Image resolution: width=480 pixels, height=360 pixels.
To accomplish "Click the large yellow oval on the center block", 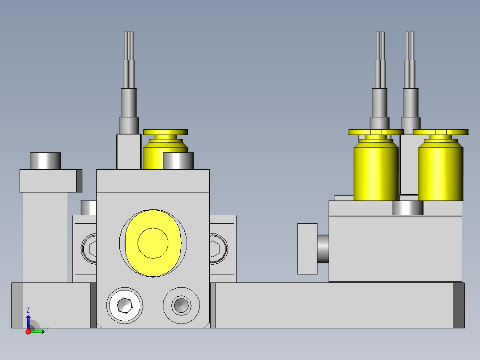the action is pyautogui.click(x=153, y=243).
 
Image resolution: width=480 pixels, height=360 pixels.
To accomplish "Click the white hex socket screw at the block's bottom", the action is pyautogui.click(x=125, y=305).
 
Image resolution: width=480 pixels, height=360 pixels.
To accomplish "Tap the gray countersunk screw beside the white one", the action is pyautogui.click(x=181, y=305).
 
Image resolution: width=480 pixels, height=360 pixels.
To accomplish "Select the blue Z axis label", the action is pyautogui.click(x=28, y=310).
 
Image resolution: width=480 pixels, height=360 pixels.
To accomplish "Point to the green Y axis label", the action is pyautogui.click(x=48, y=329).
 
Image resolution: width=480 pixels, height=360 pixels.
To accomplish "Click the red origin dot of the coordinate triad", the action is pyautogui.click(x=28, y=331).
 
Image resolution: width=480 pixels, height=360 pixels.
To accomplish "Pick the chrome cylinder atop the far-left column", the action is pyautogui.click(x=45, y=161).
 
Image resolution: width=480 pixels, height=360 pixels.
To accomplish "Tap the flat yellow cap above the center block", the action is pyautogui.click(x=166, y=132).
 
